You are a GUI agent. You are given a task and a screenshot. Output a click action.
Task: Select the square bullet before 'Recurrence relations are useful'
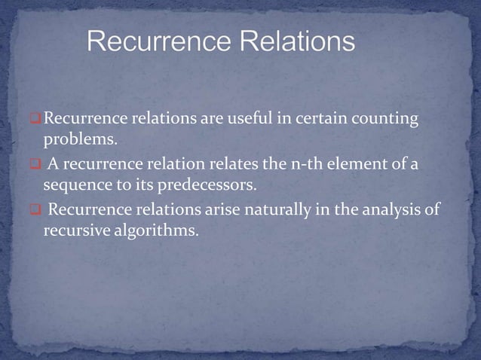35,119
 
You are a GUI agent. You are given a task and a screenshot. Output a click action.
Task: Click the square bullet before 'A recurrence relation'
35,165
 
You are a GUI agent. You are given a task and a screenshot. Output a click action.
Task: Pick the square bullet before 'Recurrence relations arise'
35,210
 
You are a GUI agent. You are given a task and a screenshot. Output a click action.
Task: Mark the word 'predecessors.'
204,186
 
